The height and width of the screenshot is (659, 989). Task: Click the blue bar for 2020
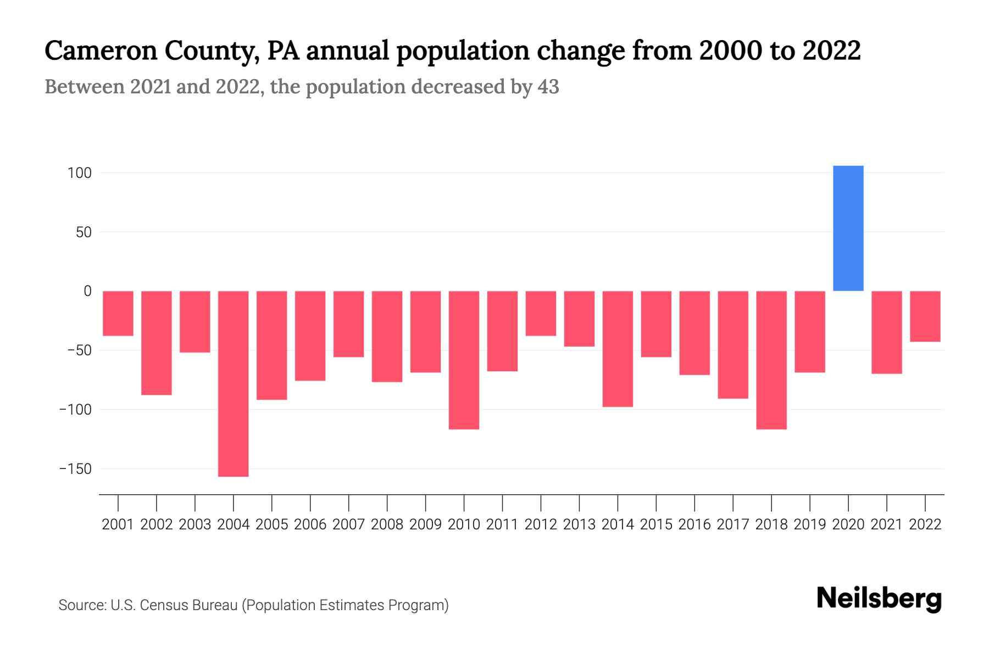[x=848, y=228]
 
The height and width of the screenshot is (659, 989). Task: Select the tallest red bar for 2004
[x=234, y=383]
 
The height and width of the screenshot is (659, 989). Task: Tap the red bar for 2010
[x=464, y=360]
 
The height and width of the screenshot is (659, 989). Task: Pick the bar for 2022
[x=925, y=316]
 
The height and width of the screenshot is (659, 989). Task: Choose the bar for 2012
[x=541, y=313]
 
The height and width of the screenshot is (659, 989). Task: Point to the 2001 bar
[x=118, y=313]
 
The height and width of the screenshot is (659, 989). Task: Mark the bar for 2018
[x=771, y=360]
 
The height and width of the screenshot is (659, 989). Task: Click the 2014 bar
[x=618, y=349]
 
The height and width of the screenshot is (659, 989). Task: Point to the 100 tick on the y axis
[x=79, y=173]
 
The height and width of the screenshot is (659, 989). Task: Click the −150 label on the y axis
[x=76, y=469]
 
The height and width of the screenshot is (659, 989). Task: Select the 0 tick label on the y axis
[x=87, y=291]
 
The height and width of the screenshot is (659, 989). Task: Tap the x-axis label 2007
[x=348, y=524]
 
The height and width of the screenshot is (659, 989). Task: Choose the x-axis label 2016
[x=694, y=524]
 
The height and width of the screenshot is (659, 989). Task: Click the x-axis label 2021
[x=886, y=524]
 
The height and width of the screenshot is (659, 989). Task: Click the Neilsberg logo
[x=879, y=599]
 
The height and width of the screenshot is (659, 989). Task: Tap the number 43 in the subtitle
[x=548, y=87]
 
